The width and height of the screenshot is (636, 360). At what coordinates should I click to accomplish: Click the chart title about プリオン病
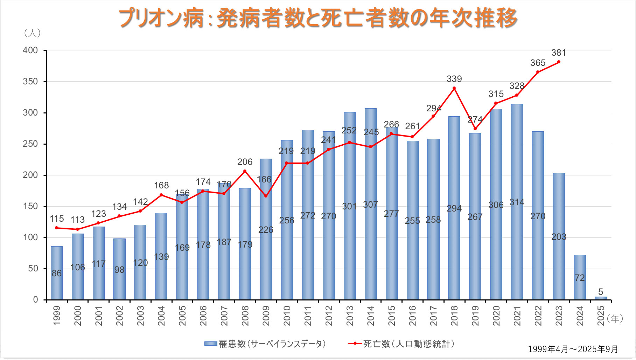click(x=318, y=18)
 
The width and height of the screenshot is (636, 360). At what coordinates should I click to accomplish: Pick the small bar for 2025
click(x=601, y=298)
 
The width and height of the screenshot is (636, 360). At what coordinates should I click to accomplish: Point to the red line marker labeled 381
click(x=559, y=62)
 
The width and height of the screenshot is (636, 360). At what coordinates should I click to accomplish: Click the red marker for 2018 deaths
click(x=454, y=88)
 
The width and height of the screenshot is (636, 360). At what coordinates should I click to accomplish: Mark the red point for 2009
click(x=266, y=196)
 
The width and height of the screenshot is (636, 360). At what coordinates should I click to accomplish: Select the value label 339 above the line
click(x=454, y=79)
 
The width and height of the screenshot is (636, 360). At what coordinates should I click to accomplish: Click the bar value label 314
click(x=517, y=202)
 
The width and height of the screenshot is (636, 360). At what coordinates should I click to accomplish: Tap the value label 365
click(x=538, y=63)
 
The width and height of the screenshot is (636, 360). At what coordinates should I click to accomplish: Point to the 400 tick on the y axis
click(x=30, y=50)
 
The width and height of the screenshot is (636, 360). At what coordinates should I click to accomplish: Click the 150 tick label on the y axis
click(x=30, y=206)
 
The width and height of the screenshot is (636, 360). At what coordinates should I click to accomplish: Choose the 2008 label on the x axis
click(x=245, y=316)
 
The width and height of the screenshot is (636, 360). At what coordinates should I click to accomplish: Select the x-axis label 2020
click(x=496, y=316)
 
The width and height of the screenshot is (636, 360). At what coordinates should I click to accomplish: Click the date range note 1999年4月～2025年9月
click(x=573, y=349)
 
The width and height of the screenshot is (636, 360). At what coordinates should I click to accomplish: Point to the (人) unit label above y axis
click(x=32, y=33)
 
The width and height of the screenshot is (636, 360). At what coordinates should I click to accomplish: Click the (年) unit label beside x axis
click(x=615, y=318)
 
